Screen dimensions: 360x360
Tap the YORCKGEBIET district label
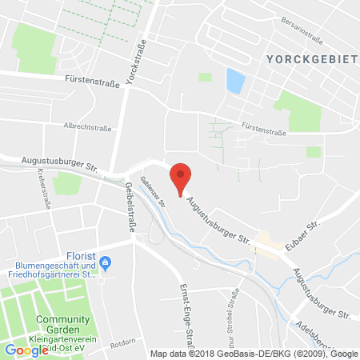tap(299, 59)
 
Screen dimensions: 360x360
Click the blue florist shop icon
tap(104, 262)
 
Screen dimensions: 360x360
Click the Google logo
tap(26, 350)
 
